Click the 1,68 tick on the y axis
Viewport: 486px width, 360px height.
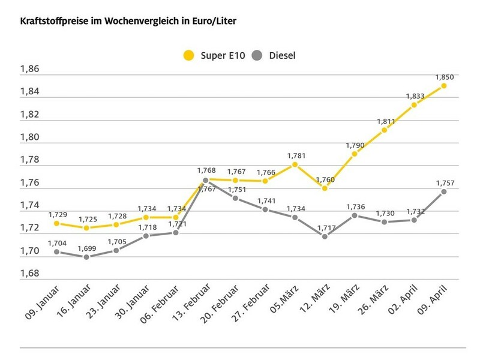coord(29,274)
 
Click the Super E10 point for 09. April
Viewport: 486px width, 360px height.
coord(443,86)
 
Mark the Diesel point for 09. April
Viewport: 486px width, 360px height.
coord(443,191)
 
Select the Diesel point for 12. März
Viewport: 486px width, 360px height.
coord(325,236)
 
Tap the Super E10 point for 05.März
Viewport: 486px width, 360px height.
coord(295,164)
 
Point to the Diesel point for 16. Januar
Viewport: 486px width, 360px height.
coord(86,257)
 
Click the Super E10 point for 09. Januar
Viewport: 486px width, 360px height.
coord(56,223)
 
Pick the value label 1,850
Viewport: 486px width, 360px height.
coord(444,77)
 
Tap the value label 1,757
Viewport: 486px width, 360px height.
coord(444,182)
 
